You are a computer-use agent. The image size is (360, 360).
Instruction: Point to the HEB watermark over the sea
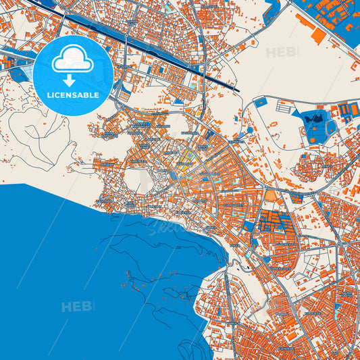[x=78, y=307]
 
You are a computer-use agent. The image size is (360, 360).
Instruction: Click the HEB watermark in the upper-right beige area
[x=282, y=53]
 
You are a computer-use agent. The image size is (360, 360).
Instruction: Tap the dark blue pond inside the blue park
[x=315, y=120]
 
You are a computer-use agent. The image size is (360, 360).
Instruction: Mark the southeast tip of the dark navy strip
[x=237, y=89]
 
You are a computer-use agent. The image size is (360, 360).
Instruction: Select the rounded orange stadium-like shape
[x=270, y=197]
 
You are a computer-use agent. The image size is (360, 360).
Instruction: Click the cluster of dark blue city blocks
[x=275, y=220]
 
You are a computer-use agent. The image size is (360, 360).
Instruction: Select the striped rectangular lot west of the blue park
[x=284, y=107]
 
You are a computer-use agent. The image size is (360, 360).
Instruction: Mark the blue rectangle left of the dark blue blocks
[x=249, y=225]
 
